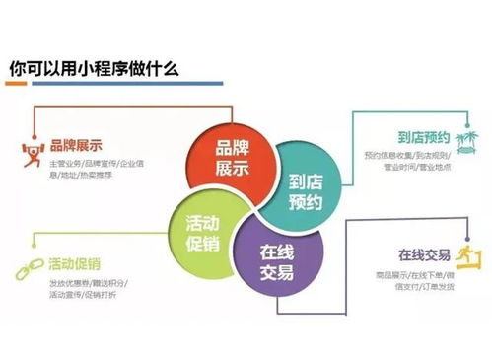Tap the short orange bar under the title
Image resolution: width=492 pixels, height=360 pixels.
click(25, 87)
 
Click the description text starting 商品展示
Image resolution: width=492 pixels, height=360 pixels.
click(402, 281)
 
